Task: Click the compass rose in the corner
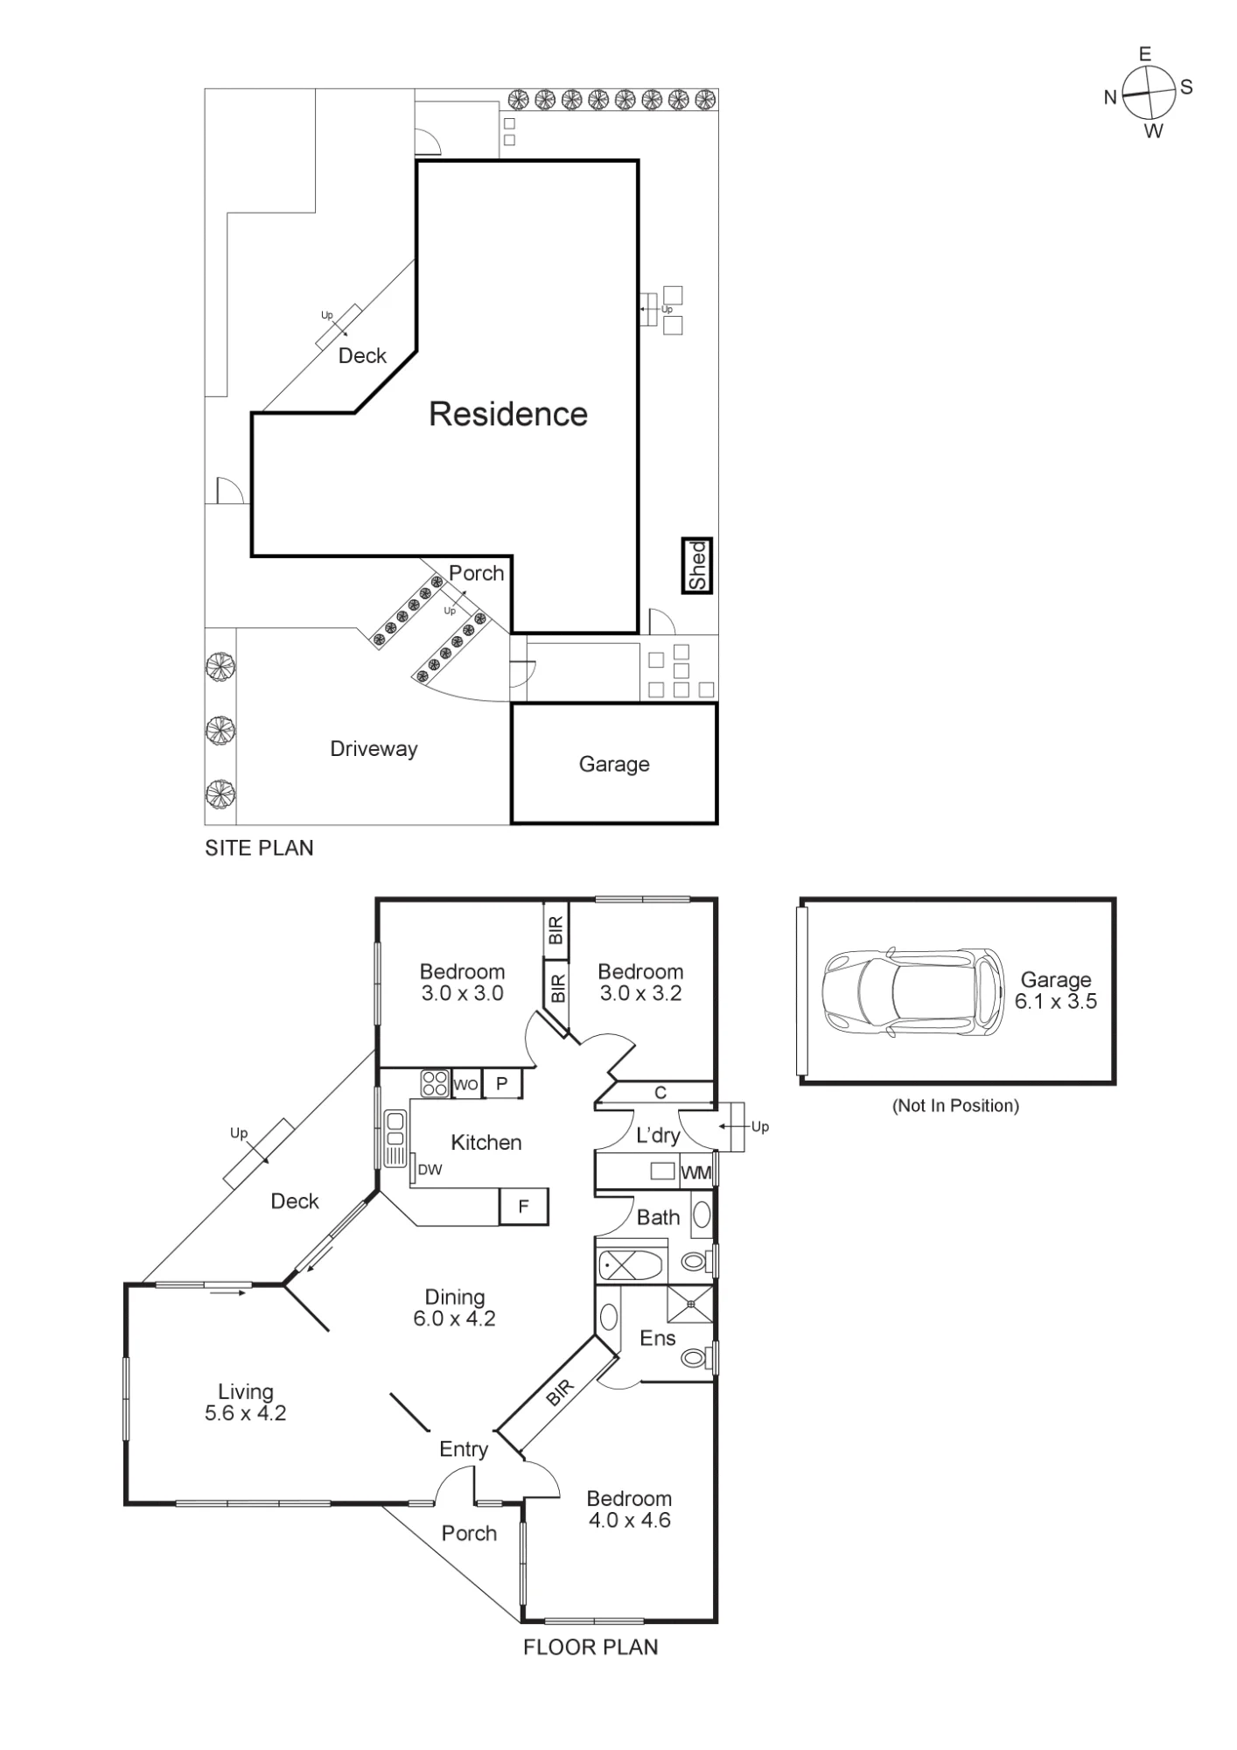(1148, 94)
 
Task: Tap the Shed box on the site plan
(697, 565)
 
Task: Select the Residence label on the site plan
(508, 414)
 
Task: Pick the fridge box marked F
(523, 1206)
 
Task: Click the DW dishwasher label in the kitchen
(430, 1169)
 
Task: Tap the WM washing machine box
(696, 1172)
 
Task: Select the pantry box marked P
(502, 1084)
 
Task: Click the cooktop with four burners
(435, 1083)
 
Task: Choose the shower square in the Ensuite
(690, 1304)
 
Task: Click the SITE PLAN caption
(259, 848)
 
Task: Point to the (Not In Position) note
(955, 1106)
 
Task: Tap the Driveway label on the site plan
(374, 749)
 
